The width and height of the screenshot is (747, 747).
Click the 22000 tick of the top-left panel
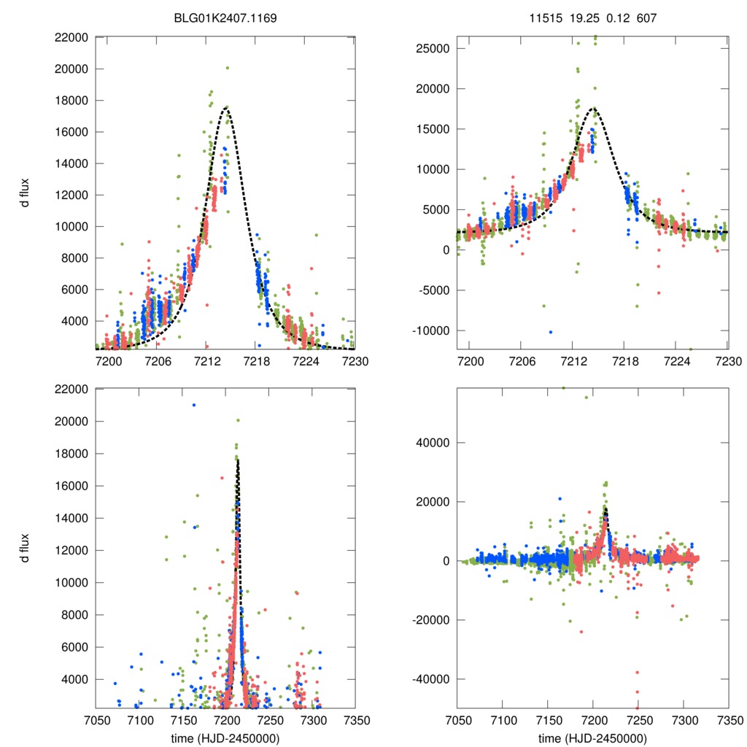tap(71, 37)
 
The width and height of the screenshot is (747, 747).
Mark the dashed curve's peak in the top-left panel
tap(227, 107)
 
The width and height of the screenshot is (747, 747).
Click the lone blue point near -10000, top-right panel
tap(551, 332)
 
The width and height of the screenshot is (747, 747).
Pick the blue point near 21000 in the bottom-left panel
tap(193, 405)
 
